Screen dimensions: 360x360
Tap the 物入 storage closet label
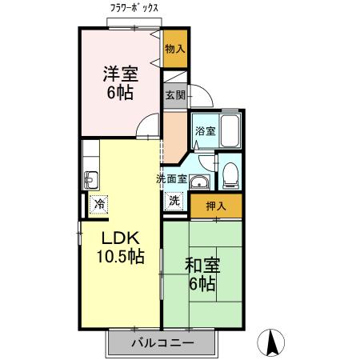174,49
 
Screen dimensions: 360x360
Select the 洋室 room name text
121,74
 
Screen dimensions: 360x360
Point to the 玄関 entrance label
174,94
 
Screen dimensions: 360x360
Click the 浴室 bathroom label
205,130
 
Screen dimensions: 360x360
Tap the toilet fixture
230,171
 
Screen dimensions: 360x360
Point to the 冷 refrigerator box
99,204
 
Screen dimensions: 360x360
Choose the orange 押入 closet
214,206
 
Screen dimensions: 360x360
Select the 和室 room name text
202,265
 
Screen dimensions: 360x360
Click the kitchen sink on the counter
90,178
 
